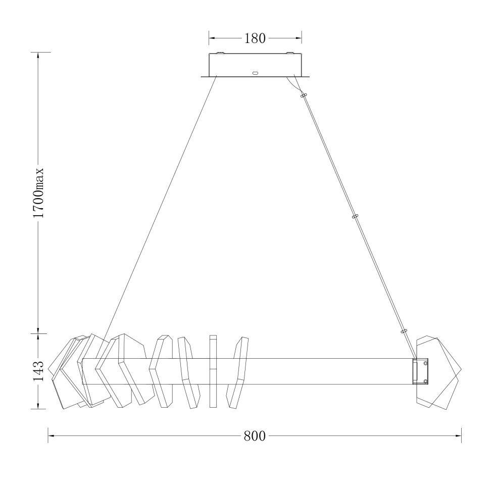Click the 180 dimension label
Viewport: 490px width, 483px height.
255,38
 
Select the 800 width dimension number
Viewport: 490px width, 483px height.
255,436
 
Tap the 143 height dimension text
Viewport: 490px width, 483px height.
38,371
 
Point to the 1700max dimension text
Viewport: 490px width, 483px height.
38,193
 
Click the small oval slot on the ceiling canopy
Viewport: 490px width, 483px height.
255,73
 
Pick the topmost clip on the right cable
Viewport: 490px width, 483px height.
304,95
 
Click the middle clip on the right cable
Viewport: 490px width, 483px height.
355,216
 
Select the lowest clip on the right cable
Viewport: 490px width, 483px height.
404,331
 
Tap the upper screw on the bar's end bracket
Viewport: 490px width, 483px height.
425,363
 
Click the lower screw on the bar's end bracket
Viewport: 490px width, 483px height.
425,381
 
